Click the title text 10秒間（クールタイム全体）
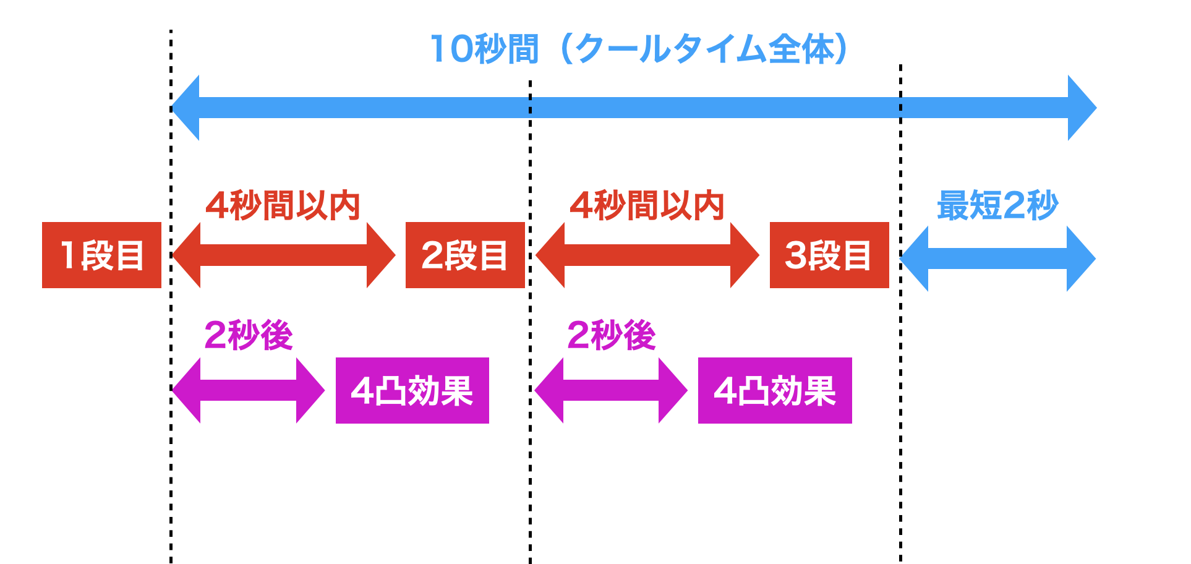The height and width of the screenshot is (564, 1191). pos(639,49)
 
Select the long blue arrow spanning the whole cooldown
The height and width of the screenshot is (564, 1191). pos(633,108)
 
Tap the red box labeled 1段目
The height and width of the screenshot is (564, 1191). pos(101,255)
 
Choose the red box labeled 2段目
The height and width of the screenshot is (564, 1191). pos(465,255)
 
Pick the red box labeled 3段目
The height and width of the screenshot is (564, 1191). pos(829,255)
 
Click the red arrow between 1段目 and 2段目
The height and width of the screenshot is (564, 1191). pos(283,255)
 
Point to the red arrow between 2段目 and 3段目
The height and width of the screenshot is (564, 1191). pos(647,255)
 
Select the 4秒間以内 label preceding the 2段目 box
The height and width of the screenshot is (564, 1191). pos(283,205)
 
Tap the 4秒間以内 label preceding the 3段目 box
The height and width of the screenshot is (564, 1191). pos(646,205)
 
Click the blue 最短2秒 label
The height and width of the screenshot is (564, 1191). pos(997,205)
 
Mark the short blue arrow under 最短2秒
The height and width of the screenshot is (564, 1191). pos(997,258)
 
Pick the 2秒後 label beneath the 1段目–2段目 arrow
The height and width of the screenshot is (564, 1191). pos(248,335)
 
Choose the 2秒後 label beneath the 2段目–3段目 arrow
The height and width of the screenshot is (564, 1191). pos(611,335)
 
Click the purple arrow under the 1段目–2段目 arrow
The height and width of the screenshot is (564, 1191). pos(248,390)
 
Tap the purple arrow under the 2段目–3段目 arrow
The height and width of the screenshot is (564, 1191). pos(611,390)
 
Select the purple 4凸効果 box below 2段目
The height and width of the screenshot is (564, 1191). pos(412,390)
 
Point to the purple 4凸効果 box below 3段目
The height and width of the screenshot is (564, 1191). pos(775,390)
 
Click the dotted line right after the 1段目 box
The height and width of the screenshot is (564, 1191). pos(171,470)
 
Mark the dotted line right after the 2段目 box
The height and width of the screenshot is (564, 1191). pos(530,470)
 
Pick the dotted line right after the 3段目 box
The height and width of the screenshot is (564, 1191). pos(900,470)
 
